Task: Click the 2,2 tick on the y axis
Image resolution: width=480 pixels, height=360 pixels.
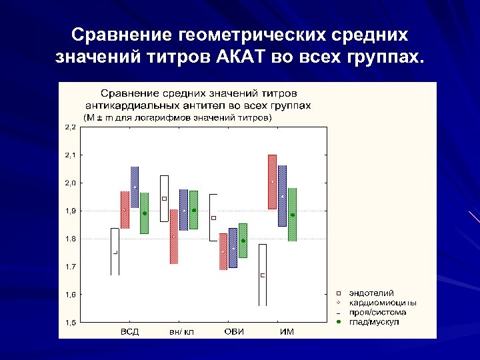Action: pyautogui.click(x=70, y=127)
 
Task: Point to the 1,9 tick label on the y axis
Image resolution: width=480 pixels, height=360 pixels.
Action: pyautogui.click(x=70, y=211)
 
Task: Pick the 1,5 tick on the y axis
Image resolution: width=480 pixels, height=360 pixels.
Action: pyautogui.click(x=70, y=323)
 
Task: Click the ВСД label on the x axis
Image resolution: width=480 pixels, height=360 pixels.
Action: pyautogui.click(x=129, y=332)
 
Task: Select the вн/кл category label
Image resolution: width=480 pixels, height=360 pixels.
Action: pyautogui.click(x=181, y=332)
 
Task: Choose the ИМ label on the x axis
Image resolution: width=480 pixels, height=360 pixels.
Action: pyautogui.click(x=287, y=332)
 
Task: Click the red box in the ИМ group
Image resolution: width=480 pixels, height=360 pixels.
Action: pyautogui.click(x=272, y=182)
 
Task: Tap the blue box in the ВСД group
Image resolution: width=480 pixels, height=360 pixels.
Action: pyautogui.click(x=135, y=187)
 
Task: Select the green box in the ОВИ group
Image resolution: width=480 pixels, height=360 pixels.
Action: pyautogui.click(x=243, y=240)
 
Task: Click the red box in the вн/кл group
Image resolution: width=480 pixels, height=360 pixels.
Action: pyautogui.click(x=173, y=236)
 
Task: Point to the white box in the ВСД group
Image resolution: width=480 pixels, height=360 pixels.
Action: pyautogui.click(x=115, y=251)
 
